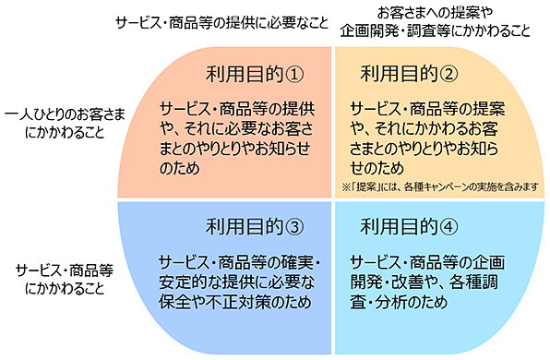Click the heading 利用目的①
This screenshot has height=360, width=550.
click(255, 74)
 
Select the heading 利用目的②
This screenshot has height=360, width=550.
click(409, 74)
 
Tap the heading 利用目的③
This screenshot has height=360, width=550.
click(255, 227)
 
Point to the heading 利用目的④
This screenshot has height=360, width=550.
click(409, 227)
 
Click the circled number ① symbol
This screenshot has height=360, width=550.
click(294, 75)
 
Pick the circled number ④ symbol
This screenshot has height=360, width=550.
click(448, 227)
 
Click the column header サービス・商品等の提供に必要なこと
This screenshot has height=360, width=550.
click(222, 23)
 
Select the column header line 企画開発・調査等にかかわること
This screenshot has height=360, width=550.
click(435, 30)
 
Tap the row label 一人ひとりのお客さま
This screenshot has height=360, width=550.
click(66, 114)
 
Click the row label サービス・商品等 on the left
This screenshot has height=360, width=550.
click(65, 270)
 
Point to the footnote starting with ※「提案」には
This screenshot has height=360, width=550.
click(440, 186)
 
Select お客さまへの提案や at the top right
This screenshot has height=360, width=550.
click(435, 13)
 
